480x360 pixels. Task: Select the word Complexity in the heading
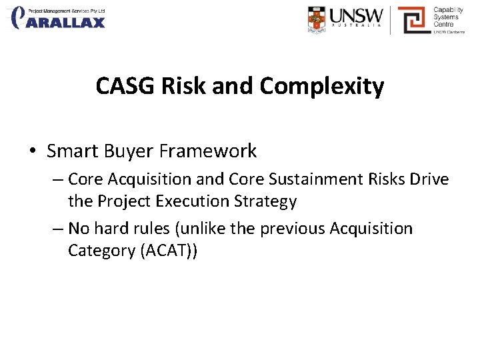[x=321, y=87]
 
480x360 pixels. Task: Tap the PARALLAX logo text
[x=65, y=22]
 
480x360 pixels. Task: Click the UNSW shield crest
[x=317, y=20]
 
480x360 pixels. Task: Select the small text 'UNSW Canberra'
[x=450, y=31]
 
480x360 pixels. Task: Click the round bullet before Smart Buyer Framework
[x=33, y=152]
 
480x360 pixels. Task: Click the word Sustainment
[x=310, y=179]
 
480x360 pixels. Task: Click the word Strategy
[x=271, y=201]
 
